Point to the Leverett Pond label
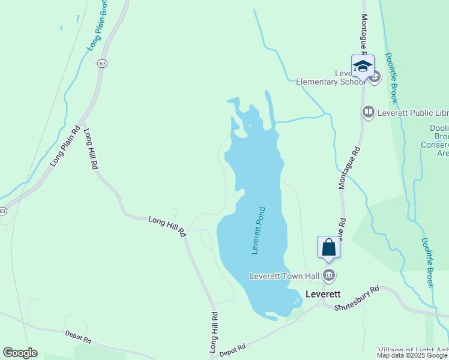(x=259, y=231)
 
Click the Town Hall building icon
(x=329, y=276)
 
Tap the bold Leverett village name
(x=323, y=294)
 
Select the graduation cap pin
(x=363, y=66)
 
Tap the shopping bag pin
(x=329, y=247)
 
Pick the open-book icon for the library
(x=368, y=112)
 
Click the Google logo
(x=20, y=353)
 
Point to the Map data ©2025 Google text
(x=412, y=355)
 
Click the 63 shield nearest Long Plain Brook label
(x=103, y=63)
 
